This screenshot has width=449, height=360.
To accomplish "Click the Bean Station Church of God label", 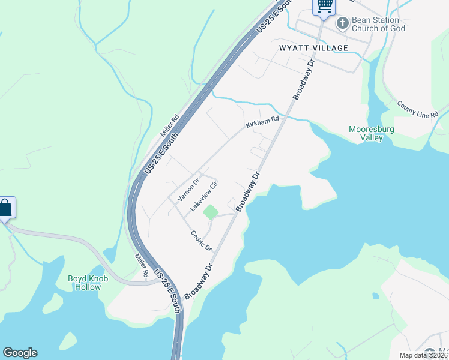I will point(379,24).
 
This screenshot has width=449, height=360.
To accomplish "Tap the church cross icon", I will point(342,23).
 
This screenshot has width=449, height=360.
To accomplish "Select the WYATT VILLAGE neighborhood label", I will point(313,47).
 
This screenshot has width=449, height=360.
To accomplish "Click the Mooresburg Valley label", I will point(366,133).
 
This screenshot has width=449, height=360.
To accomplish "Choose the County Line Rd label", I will point(418,108).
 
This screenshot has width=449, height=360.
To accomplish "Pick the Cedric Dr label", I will point(202,241).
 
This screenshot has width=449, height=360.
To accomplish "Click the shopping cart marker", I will point(324,6).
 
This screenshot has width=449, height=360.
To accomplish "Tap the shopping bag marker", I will point(5,208).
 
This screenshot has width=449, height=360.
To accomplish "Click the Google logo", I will point(20,353).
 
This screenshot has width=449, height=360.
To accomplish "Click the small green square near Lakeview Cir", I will point(211,212).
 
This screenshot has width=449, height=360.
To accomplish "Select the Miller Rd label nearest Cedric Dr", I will point(142,265).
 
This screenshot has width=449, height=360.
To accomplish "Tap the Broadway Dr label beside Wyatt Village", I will point(304,79).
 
